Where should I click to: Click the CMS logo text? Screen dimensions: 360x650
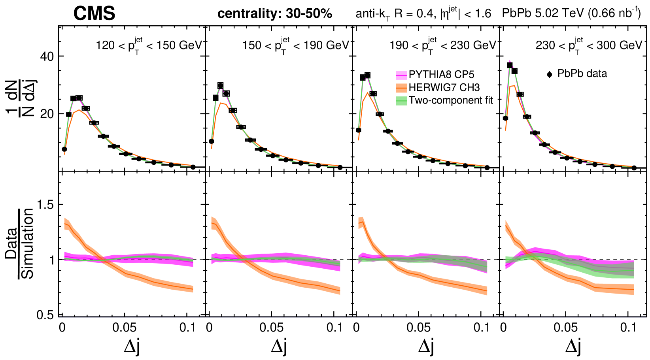pyautogui.click(x=94, y=13)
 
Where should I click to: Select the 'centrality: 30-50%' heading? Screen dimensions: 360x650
pyautogui.click(x=275, y=14)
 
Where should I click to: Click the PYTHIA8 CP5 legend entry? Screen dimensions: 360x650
pyautogui.click(x=441, y=75)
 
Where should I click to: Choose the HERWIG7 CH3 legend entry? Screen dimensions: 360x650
pyautogui.click(x=444, y=87)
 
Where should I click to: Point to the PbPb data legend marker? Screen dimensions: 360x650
pyautogui.click(x=550, y=74)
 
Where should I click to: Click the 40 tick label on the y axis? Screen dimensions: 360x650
pyautogui.click(x=47, y=57)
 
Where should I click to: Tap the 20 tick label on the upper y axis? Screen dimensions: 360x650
pyautogui.click(x=47, y=114)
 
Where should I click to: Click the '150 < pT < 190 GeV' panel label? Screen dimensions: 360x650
pyautogui.click(x=296, y=45)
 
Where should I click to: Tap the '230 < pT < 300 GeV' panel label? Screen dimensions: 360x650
pyautogui.click(x=589, y=45)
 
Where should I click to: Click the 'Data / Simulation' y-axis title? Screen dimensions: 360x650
pyautogui.click(x=20, y=244)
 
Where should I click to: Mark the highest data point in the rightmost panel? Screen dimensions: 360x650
pyautogui.click(x=510, y=65)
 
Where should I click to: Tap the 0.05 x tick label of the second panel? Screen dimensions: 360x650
pyautogui.click(x=272, y=328)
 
